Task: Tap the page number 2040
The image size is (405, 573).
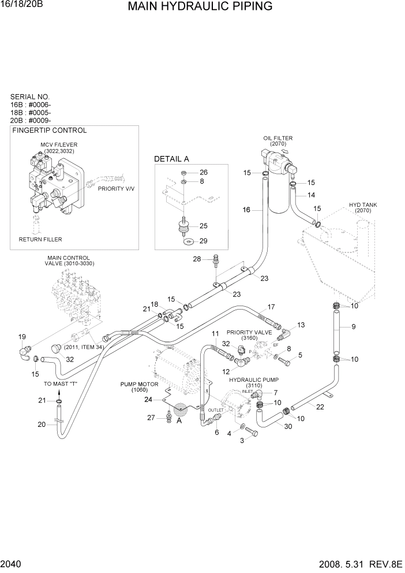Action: pyautogui.click(x=13, y=563)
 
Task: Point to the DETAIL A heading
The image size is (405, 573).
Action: pyautogui.click(x=171, y=159)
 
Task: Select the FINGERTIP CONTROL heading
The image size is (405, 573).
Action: pyautogui.click(x=49, y=131)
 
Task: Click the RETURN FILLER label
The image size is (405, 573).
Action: pyautogui.click(x=40, y=239)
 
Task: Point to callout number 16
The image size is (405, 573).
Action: pyautogui.click(x=246, y=210)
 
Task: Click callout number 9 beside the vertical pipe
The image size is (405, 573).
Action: pyautogui.click(x=353, y=327)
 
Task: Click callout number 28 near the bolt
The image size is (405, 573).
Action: pyautogui.click(x=197, y=259)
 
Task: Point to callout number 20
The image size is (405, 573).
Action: pyautogui.click(x=41, y=425)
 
